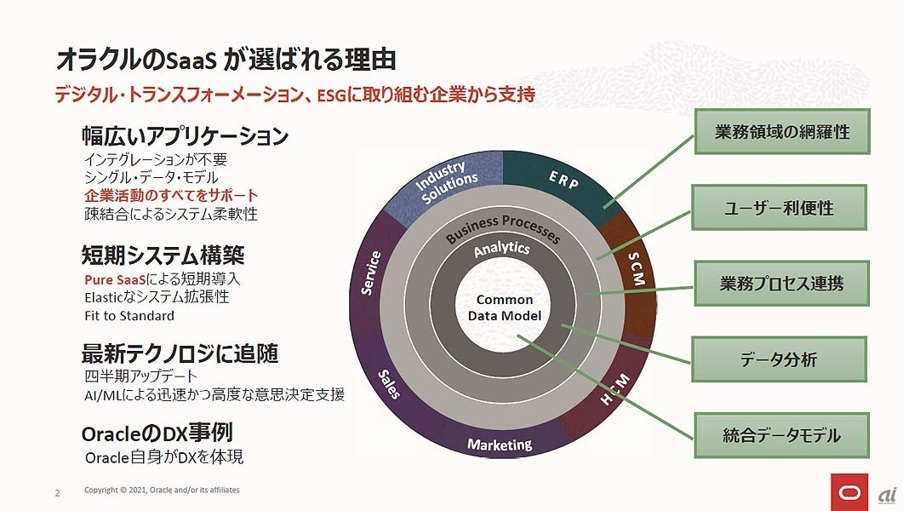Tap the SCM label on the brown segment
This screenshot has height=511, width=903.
click(636, 269)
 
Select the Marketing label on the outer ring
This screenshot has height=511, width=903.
click(500, 445)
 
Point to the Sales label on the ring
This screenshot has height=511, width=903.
click(389, 384)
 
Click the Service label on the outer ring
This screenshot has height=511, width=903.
click(370, 273)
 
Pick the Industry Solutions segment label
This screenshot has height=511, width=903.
click(446, 181)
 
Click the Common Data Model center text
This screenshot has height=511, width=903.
click(505, 307)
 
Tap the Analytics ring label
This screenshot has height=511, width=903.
click(501, 249)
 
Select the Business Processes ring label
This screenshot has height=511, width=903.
click(502, 228)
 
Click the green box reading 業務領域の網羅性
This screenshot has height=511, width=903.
click(782, 131)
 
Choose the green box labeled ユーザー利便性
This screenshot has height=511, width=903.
click(780, 208)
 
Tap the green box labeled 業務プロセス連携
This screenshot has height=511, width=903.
click(781, 284)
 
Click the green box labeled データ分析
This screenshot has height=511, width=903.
click(780, 359)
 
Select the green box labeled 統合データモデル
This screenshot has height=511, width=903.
click(781, 435)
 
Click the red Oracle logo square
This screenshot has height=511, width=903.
click(849, 492)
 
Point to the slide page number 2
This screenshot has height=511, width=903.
click(58, 493)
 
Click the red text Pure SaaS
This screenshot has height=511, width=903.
click(115, 280)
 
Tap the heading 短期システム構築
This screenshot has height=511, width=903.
click(163, 255)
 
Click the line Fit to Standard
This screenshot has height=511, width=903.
click(129, 316)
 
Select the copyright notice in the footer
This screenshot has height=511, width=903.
click(162, 491)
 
